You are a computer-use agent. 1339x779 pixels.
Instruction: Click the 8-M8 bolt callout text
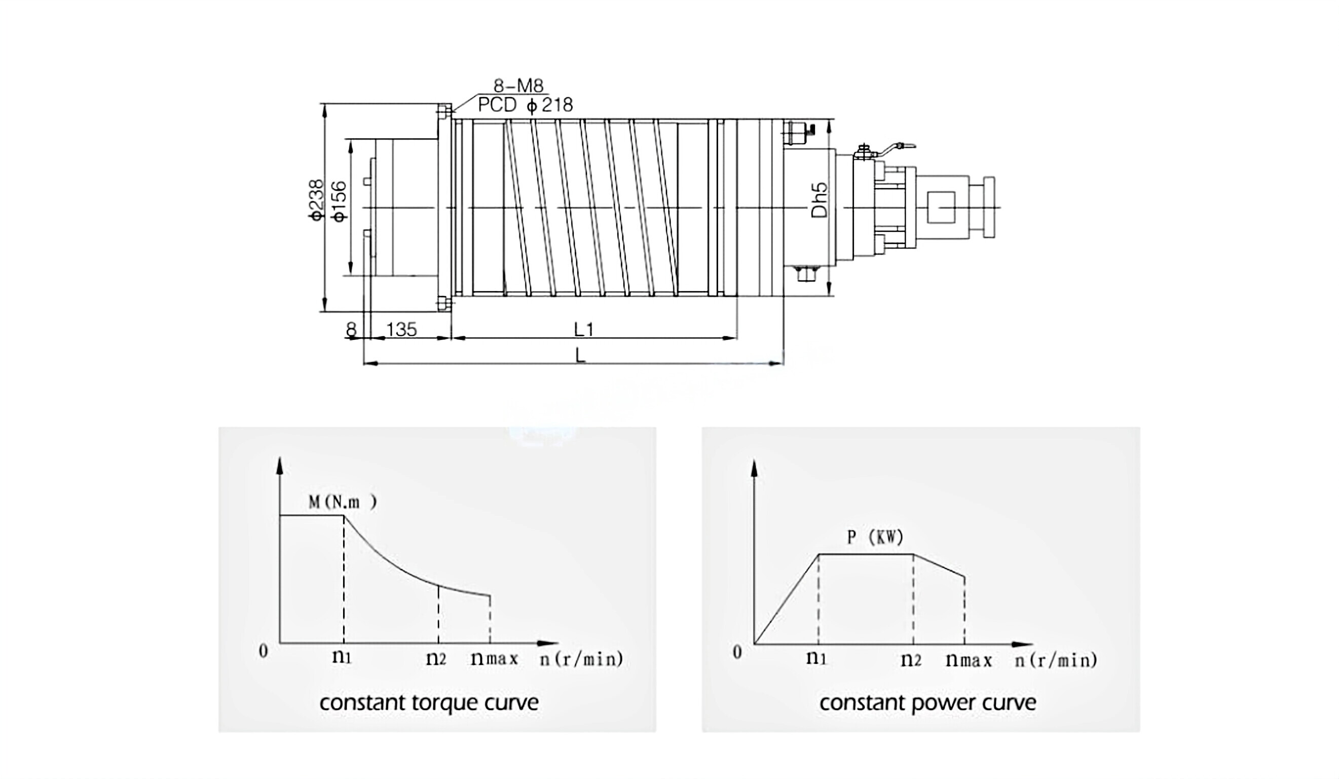(518, 86)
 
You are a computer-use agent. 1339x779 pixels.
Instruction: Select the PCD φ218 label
(525, 105)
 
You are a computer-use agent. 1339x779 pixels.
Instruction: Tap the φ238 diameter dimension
(316, 200)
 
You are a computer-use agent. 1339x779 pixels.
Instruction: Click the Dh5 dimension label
(820, 200)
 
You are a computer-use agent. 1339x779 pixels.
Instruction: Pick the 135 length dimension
(401, 330)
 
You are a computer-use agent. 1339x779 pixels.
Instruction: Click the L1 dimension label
(584, 330)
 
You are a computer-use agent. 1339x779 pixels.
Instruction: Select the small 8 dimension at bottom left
(351, 330)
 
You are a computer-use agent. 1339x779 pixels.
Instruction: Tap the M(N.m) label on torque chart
(343, 502)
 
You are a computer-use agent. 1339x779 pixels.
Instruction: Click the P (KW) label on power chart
(875, 538)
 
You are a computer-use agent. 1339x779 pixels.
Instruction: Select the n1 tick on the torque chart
(342, 657)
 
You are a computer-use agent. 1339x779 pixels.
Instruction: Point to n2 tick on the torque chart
(436, 658)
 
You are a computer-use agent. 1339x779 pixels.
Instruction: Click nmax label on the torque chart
(494, 659)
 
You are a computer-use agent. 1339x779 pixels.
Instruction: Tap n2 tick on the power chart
(911, 660)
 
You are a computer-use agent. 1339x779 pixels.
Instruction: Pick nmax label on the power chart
(969, 660)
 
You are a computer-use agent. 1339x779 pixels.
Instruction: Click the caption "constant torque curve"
(429, 703)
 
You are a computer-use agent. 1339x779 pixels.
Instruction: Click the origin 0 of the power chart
(737, 652)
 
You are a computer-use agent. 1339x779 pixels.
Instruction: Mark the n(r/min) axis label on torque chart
(581, 659)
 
